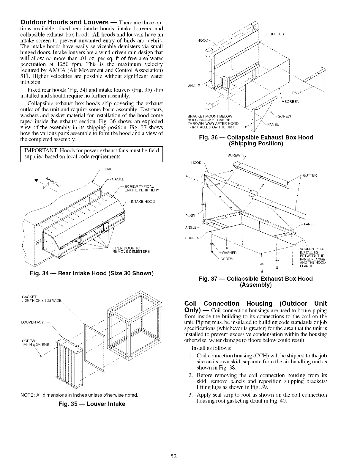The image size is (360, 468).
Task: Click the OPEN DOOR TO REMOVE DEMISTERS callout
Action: (x=129, y=249)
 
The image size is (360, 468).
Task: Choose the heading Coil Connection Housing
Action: (x=255, y=304)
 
